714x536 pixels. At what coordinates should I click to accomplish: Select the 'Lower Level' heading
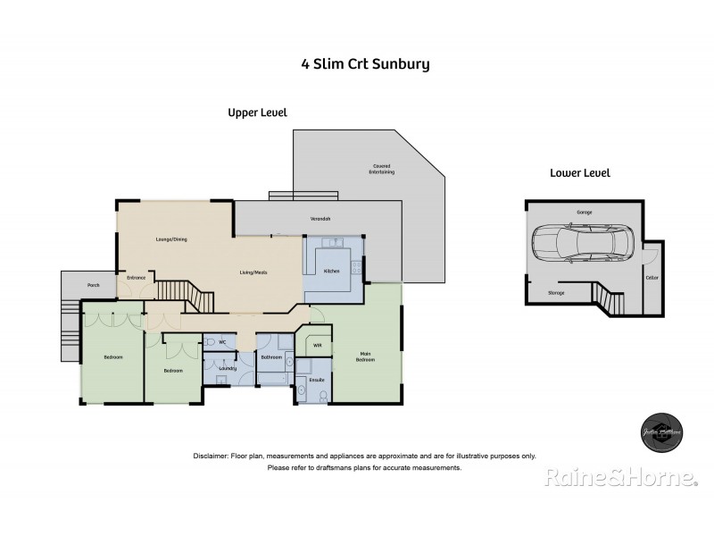[x=579, y=173]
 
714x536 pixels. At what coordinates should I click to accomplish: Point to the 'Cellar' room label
[x=652, y=279]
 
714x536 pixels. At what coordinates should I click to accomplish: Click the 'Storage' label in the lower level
[x=555, y=292]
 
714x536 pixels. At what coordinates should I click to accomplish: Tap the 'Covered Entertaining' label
[x=381, y=168]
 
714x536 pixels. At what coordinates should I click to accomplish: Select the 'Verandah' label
[x=320, y=219]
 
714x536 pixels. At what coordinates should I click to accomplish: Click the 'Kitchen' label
[x=331, y=271]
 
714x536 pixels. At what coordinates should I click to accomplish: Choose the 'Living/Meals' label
[x=253, y=272]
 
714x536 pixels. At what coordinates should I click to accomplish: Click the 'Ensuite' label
[x=315, y=380]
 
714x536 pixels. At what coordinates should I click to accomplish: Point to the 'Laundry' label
[x=227, y=367]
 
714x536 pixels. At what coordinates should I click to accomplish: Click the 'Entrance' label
[x=136, y=278]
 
